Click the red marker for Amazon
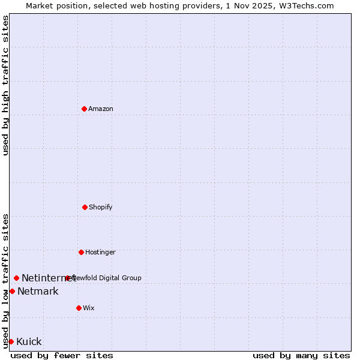84,109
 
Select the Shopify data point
85,207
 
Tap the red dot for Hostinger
81,252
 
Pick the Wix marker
79,308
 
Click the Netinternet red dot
16,278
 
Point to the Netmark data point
12,291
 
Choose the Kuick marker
11,341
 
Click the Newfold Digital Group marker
67,278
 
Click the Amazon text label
101,109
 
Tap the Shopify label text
101,207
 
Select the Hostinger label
100,252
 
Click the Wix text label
89,308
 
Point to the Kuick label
29,341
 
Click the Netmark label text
38,291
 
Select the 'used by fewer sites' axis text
62,355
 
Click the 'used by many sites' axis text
301,355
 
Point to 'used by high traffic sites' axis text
5,85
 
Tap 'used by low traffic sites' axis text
5,281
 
